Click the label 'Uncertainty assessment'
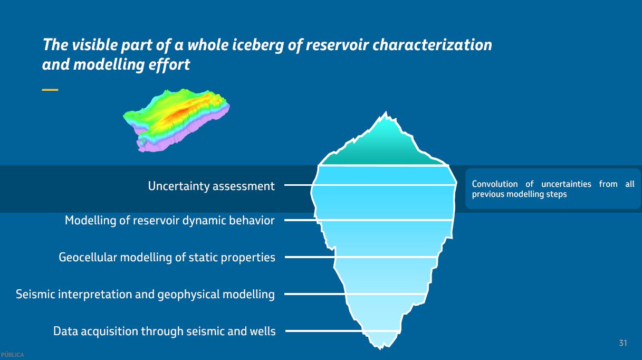click(211, 186)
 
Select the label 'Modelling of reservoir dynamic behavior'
click(169, 220)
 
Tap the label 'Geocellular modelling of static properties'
click(167, 258)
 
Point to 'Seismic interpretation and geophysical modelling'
click(145, 294)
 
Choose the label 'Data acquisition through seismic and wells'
click(164, 331)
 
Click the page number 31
click(623, 343)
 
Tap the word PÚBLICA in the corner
click(12, 355)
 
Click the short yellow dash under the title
click(50, 90)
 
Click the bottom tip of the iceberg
click(379, 347)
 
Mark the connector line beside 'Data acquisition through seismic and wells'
click(323, 331)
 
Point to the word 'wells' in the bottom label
click(262, 331)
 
